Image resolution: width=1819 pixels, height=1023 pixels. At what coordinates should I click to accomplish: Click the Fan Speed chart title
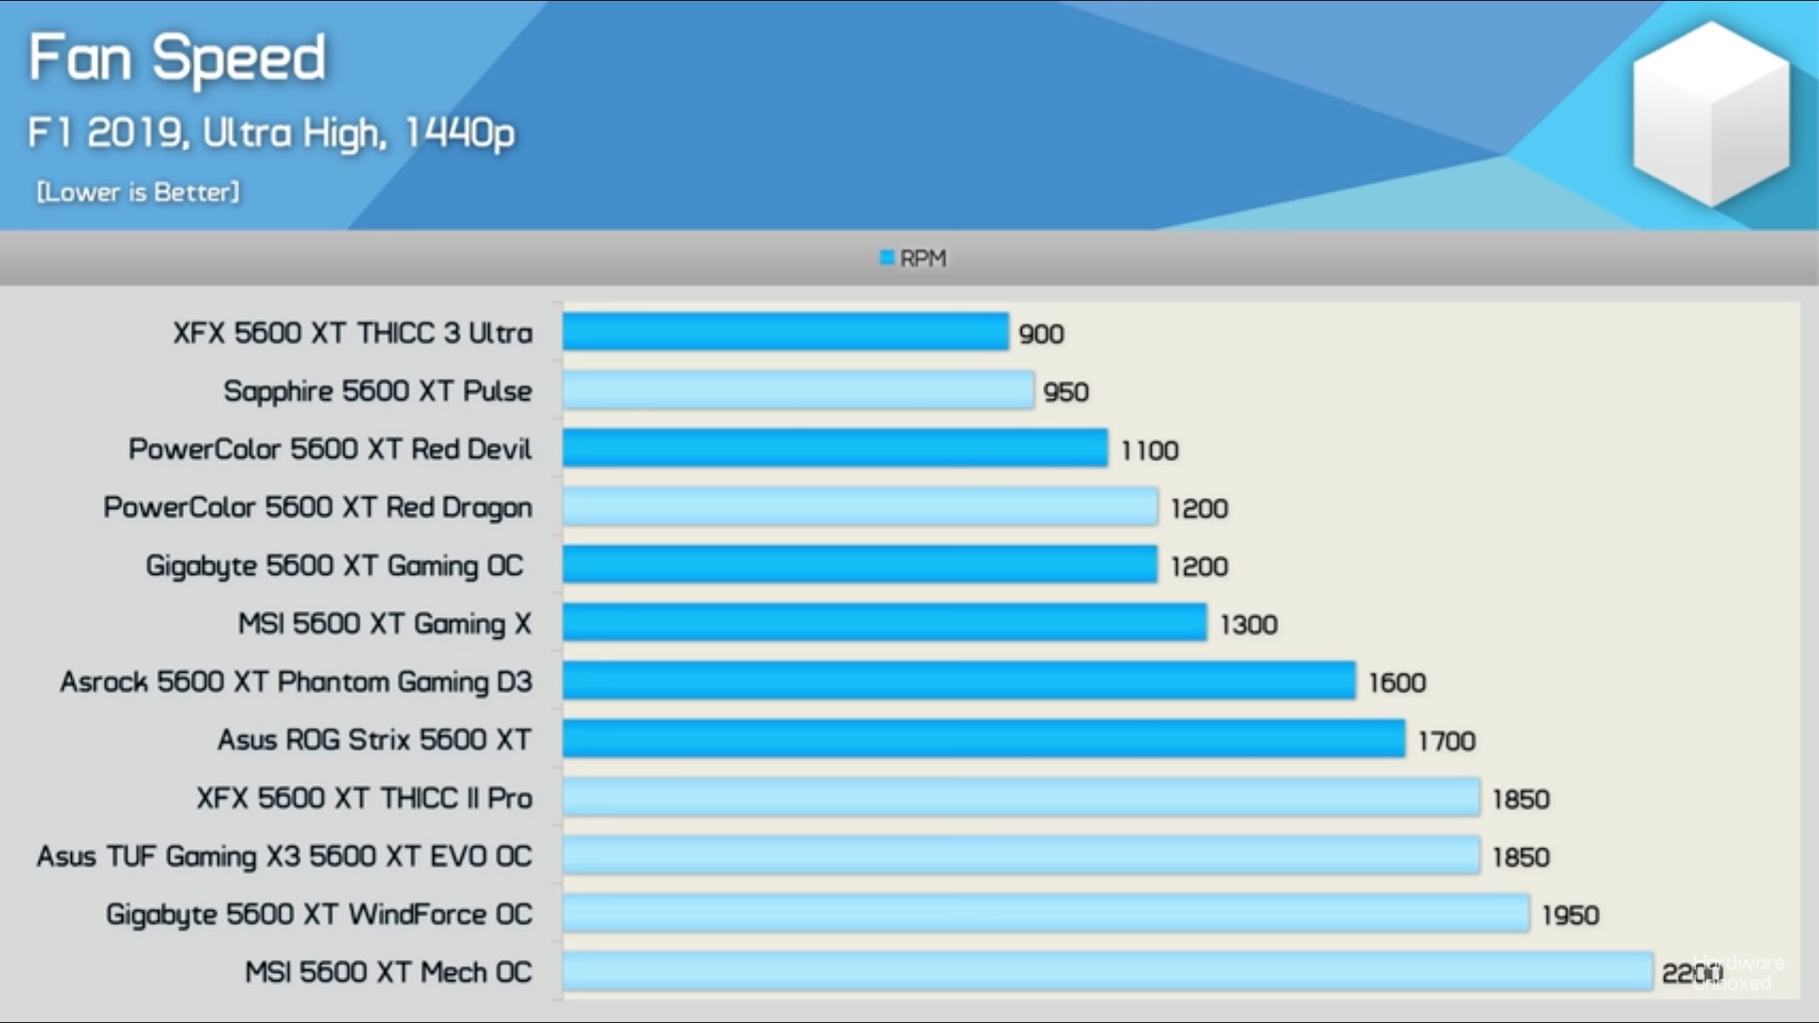coord(178,58)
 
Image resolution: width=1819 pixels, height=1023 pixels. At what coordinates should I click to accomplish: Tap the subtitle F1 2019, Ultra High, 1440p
coord(271,133)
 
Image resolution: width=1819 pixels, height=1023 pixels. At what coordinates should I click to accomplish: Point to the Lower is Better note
coord(138,192)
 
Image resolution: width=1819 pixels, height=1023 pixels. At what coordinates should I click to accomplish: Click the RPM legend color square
coord(887,257)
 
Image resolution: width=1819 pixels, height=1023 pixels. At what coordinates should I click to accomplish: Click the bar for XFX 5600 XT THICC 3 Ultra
coord(785,332)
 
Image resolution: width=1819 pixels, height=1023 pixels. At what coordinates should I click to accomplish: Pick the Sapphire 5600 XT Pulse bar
coord(798,390)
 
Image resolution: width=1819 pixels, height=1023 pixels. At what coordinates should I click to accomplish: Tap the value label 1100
coord(1150,450)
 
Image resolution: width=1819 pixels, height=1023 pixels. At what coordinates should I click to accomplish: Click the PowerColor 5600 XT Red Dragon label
coord(318,507)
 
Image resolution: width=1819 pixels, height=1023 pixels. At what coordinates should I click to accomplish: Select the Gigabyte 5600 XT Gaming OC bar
coord(860,565)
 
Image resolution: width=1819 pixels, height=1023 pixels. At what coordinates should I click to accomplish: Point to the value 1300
coord(1249,624)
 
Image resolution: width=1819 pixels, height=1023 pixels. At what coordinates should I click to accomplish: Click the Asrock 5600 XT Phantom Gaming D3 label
coord(296,682)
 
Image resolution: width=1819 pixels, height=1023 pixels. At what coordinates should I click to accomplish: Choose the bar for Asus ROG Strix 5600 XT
coord(983,739)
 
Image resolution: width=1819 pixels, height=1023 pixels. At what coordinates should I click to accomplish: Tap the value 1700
coord(1447,741)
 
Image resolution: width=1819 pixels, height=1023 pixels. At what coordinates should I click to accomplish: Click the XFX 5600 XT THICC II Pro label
coord(365,798)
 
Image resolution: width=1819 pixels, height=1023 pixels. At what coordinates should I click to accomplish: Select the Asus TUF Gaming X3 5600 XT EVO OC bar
coord(1021,855)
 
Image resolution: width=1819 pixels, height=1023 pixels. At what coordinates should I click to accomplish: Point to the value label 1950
coord(1570,915)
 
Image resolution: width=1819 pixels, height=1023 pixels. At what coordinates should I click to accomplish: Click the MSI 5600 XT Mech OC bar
coord(1108,971)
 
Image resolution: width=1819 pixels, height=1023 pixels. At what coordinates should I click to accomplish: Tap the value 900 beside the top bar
coord(1041,334)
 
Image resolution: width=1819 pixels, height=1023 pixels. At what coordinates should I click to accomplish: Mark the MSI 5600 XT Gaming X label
coord(384,624)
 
